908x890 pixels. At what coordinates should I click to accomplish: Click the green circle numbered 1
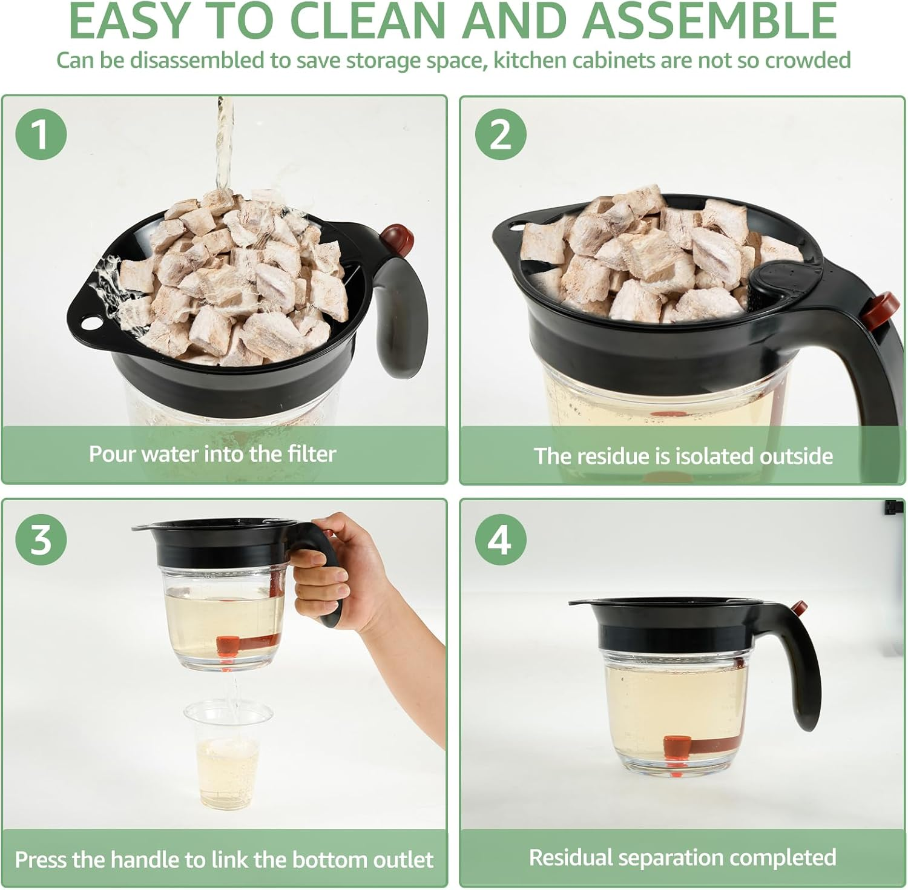pos(41,134)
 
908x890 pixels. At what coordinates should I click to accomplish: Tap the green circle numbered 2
pos(500,134)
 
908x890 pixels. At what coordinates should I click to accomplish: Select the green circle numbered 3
pos(41,538)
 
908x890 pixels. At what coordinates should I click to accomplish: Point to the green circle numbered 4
pos(500,538)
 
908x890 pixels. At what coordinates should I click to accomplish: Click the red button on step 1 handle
pos(397,236)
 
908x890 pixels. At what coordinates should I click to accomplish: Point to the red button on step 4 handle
pos(800,608)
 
